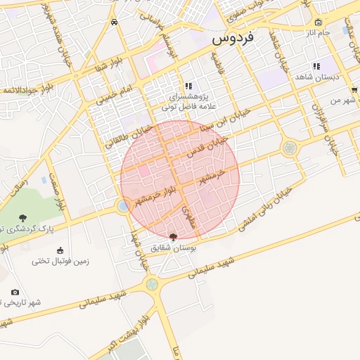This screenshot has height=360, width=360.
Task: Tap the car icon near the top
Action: click(x=114, y=21)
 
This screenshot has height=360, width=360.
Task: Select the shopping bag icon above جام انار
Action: click(x=319, y=22)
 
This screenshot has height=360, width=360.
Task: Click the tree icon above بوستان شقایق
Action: click(x=174, y=236)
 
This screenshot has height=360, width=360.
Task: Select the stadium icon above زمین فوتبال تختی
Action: click(x=59, y=250)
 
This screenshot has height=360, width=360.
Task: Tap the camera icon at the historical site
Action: click(x=15, y=292)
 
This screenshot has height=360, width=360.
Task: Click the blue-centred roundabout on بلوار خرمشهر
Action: click(x=124, y=206)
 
